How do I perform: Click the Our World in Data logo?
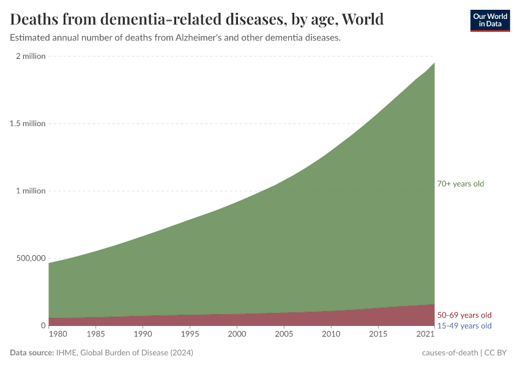[489, 20]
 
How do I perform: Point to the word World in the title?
[362, 20]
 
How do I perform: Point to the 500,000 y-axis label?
[30, 258]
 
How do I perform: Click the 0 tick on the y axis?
[43, 325]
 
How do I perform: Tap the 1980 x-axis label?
[58, 335]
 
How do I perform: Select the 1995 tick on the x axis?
[190, 335]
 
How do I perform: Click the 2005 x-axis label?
[284, 335]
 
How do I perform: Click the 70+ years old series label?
[460, 183]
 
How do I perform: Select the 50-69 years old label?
[464, 315]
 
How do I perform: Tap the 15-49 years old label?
[464, 325]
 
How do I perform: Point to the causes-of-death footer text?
[450, 353]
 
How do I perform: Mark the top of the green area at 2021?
[434, 63]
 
